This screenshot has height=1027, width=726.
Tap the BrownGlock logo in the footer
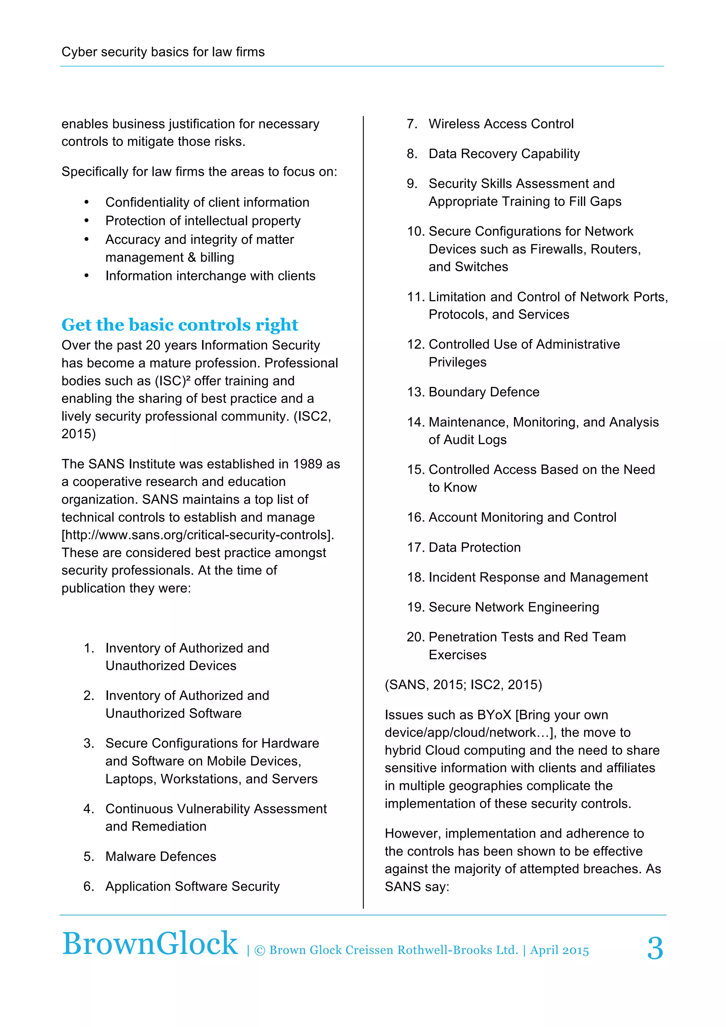coord(150,944)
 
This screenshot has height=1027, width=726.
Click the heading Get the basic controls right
coord(180,325)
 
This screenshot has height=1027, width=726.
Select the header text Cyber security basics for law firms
coord(163,52)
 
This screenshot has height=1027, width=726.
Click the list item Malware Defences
coord(161,856)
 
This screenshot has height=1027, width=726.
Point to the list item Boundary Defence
coord(484,392)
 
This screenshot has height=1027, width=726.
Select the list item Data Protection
coord(474,547)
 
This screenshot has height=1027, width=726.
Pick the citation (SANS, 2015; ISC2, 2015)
coord(463,684)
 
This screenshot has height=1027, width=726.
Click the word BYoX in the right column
coord(494,714)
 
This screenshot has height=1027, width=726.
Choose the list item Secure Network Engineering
coord(514,607)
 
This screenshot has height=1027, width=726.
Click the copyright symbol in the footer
coord(259,950)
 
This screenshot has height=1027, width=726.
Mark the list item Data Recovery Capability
coord(504,153)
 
